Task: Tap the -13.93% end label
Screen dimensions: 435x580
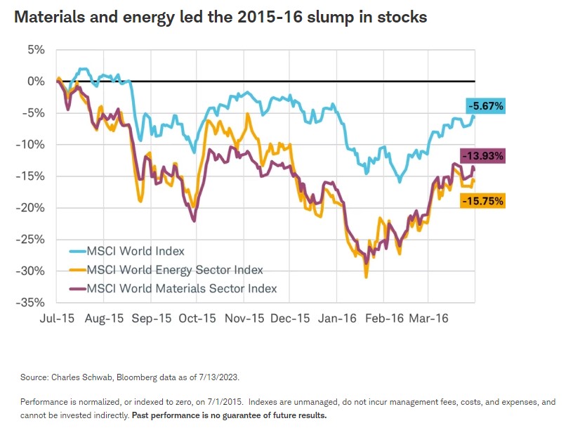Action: coord(482,156)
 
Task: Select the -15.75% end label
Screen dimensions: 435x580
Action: coord(482,201)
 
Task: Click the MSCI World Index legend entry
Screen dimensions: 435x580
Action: coord(136,251)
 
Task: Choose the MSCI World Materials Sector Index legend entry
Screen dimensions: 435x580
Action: coord(181,289)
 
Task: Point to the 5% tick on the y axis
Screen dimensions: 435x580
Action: coord(36,50)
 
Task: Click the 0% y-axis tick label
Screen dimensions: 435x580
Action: coord(36,82)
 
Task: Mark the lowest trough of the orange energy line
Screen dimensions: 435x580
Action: coord(366,277)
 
